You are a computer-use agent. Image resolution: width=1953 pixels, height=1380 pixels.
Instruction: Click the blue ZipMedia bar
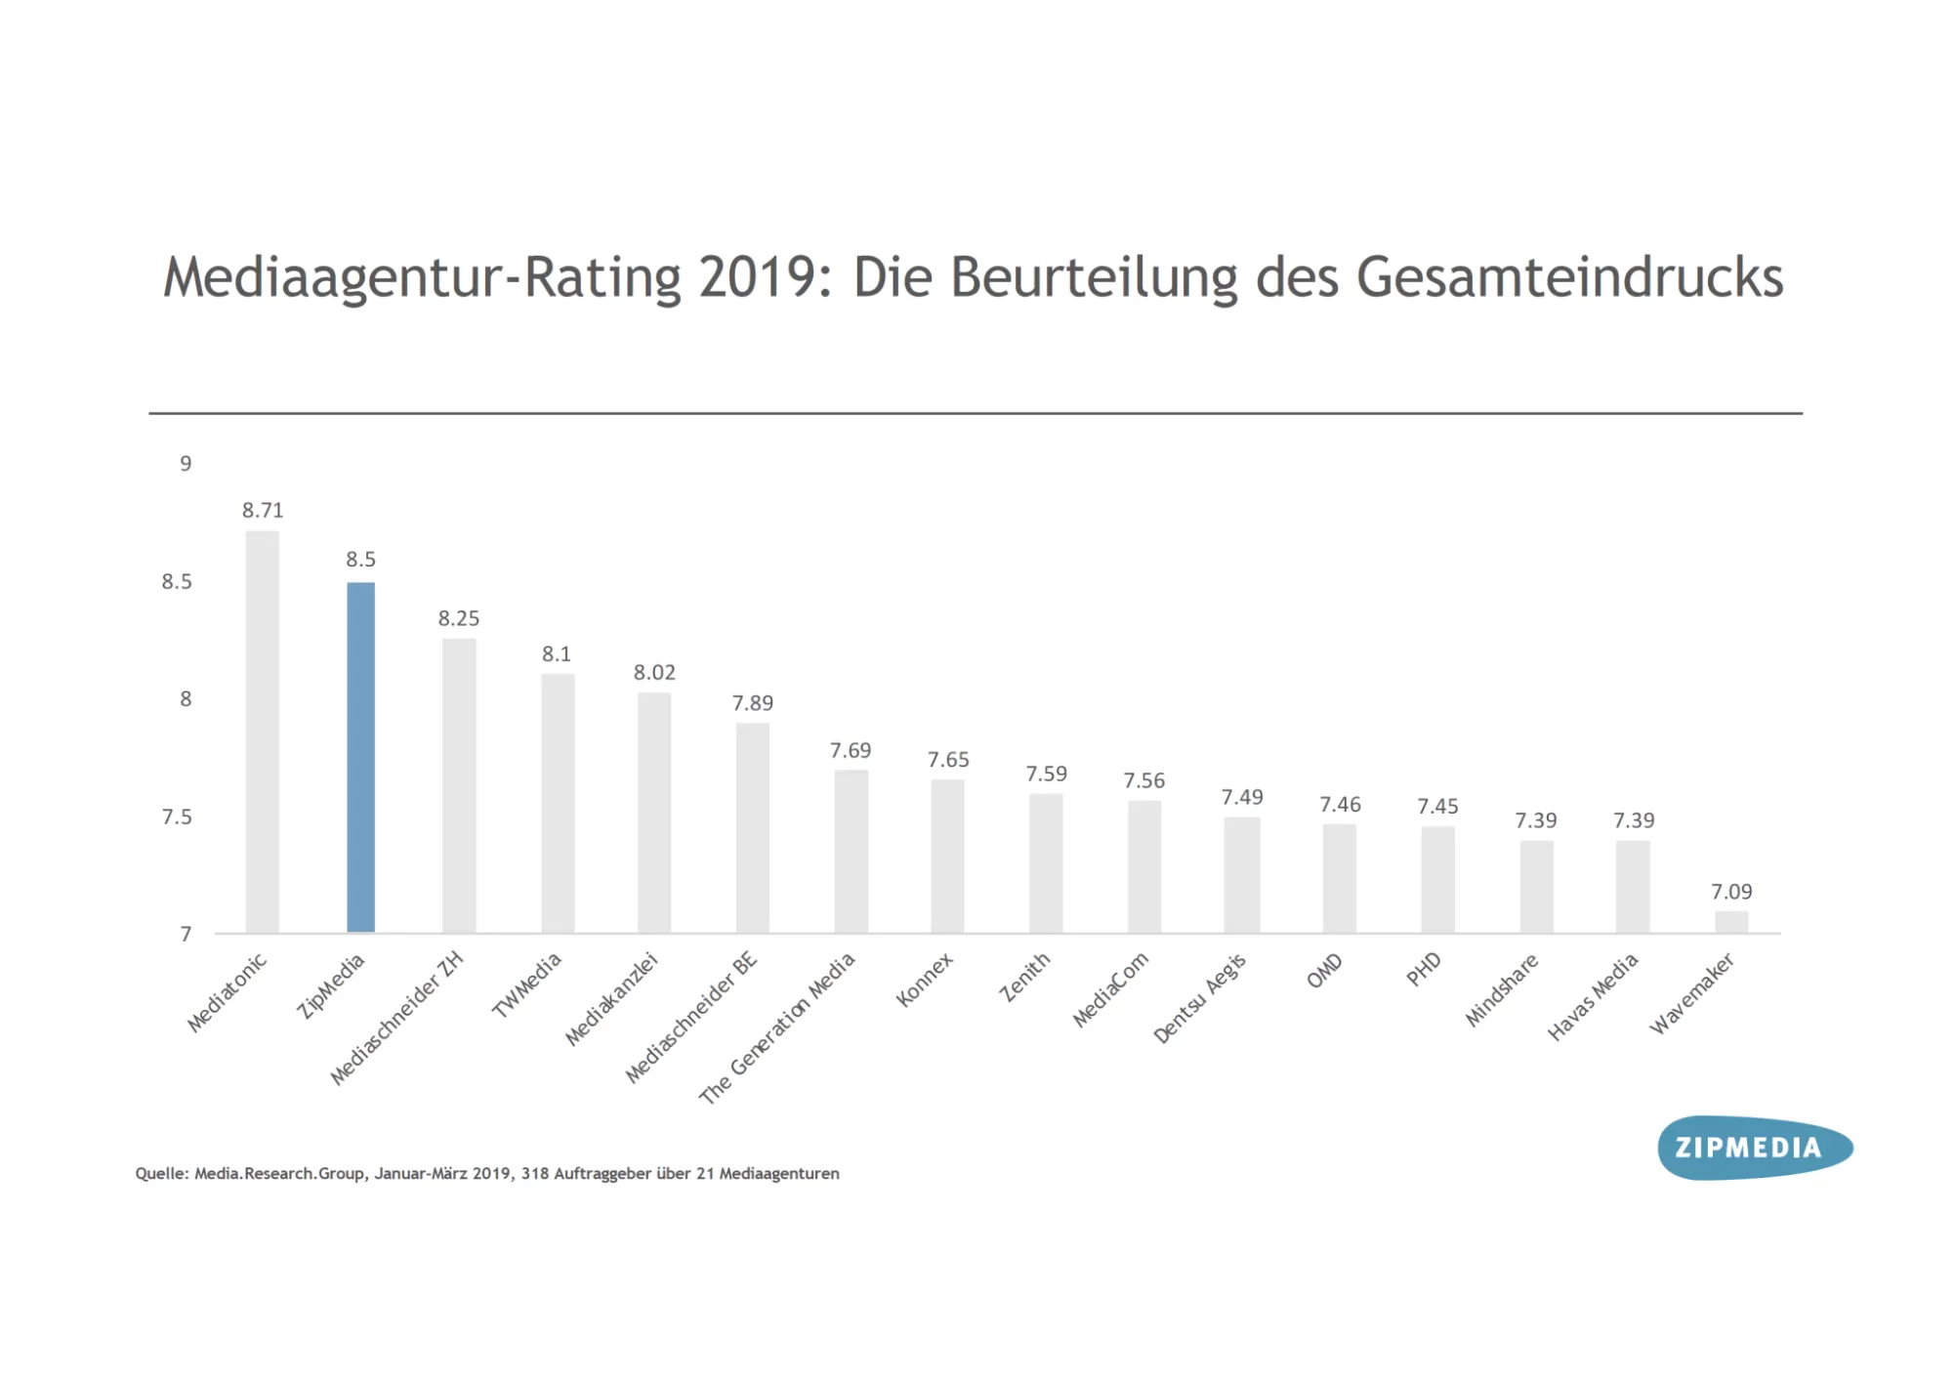pyautogui.click(x=360, y=757)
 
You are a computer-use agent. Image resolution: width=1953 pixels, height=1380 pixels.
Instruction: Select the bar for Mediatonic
pyautogui.click(x=263, y=732)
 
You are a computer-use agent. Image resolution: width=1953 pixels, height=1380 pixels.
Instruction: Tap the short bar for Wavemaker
pyautogui.click(x=1731, y=922)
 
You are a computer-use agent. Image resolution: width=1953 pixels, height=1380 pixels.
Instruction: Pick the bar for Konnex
pyautogui.click(x=947, y=857)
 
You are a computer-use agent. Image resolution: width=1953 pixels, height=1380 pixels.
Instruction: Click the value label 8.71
pyautogui.click(x=263, y=510)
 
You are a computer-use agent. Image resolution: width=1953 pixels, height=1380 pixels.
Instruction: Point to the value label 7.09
pyautogui.click(x=1731, y=892)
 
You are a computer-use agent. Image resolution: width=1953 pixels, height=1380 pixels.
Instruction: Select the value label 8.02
pyautogui.click(x=654, y=672)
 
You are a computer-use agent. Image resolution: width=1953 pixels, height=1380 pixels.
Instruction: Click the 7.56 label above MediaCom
pyautogui.click(x=1143, y=780)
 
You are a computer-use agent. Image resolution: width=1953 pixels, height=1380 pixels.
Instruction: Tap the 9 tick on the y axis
pyautogui.click(x=186, y=464)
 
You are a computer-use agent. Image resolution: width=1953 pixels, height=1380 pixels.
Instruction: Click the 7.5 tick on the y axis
pyautogui.click(x=177, y=816)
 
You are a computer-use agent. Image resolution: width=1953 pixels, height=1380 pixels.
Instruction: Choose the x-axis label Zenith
pyautogui.click(x=1024, y=978)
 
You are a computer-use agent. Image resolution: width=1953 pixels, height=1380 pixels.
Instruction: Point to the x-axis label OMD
pyautogui.click(x=1325, y=972)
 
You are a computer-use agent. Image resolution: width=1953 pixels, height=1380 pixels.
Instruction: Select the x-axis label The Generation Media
pyautogui.click(x=777, y=1027)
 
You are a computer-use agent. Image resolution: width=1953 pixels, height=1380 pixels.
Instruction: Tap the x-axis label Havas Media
pyautogui.click(x=1593, y=997)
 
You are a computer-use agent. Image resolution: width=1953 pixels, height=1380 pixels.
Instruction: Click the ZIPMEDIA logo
pyautogui.click(x=1754, y=1148)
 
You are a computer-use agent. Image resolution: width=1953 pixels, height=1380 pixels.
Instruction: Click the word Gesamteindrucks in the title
pyautogui.click(x=1569, y=277)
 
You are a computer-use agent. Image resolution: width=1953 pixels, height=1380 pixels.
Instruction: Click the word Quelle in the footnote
pyautogui.click(x=160, y=1174)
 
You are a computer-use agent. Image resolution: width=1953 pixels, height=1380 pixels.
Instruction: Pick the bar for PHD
pyautogui.click(x=1437, y=879)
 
